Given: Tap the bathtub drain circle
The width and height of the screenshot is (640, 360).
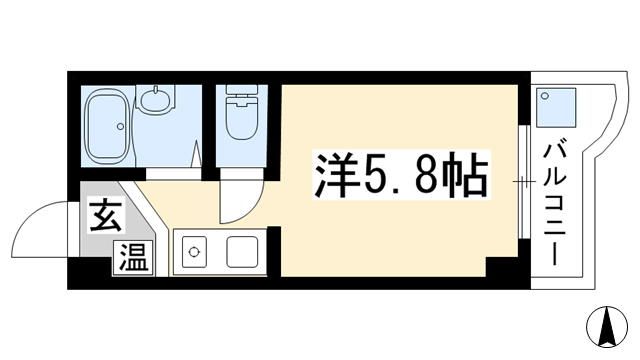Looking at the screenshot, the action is pos(120,127).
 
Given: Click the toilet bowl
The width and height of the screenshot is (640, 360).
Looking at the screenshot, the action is pos(241,120).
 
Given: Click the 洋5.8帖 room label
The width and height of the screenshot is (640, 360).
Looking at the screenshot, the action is pos(401,175).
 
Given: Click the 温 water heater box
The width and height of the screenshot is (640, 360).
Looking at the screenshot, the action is pos(133,258).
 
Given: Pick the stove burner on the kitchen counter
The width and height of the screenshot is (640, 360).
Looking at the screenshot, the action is pos(193,252).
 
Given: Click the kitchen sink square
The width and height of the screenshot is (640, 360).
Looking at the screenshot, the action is pos(242,252).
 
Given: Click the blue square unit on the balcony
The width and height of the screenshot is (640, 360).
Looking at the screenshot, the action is pos(556,107).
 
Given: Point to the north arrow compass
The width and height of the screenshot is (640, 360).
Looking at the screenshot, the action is pos(607,327).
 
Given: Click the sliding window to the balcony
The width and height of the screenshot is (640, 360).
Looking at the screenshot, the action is pos(524,181).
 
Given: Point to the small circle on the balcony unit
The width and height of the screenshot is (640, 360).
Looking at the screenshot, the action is pos(544,96).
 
